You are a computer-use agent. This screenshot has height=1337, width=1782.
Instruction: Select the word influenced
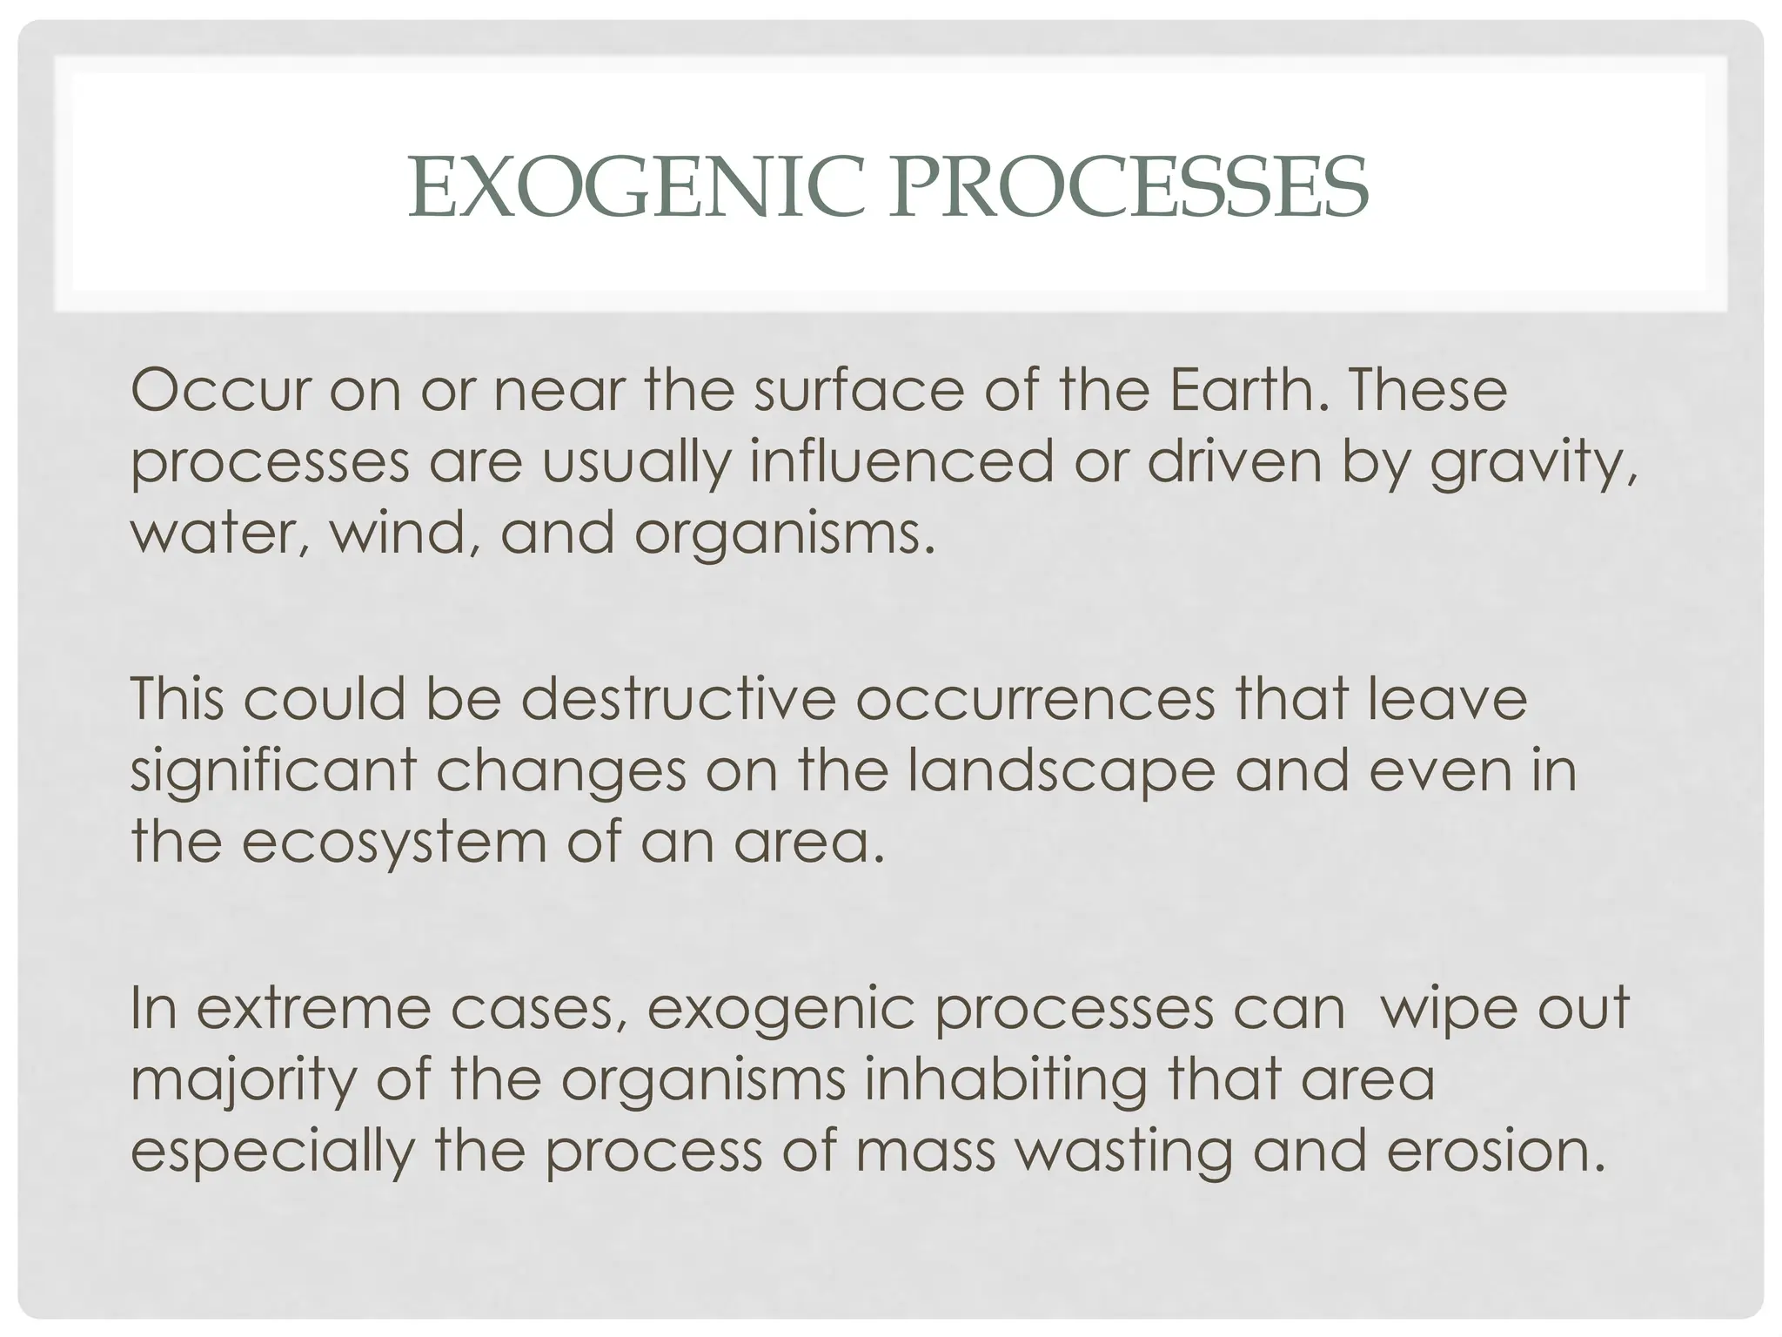click(x=901, y=462)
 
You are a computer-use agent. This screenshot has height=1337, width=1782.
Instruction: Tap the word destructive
click(x=678, y=699)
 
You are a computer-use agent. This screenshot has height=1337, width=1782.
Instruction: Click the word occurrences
click(x=1035, y=699)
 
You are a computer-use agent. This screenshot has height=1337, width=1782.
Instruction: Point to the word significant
click(x=273, y=771)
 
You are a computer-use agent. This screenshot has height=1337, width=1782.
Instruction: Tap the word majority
click(x=244, y=1080)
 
